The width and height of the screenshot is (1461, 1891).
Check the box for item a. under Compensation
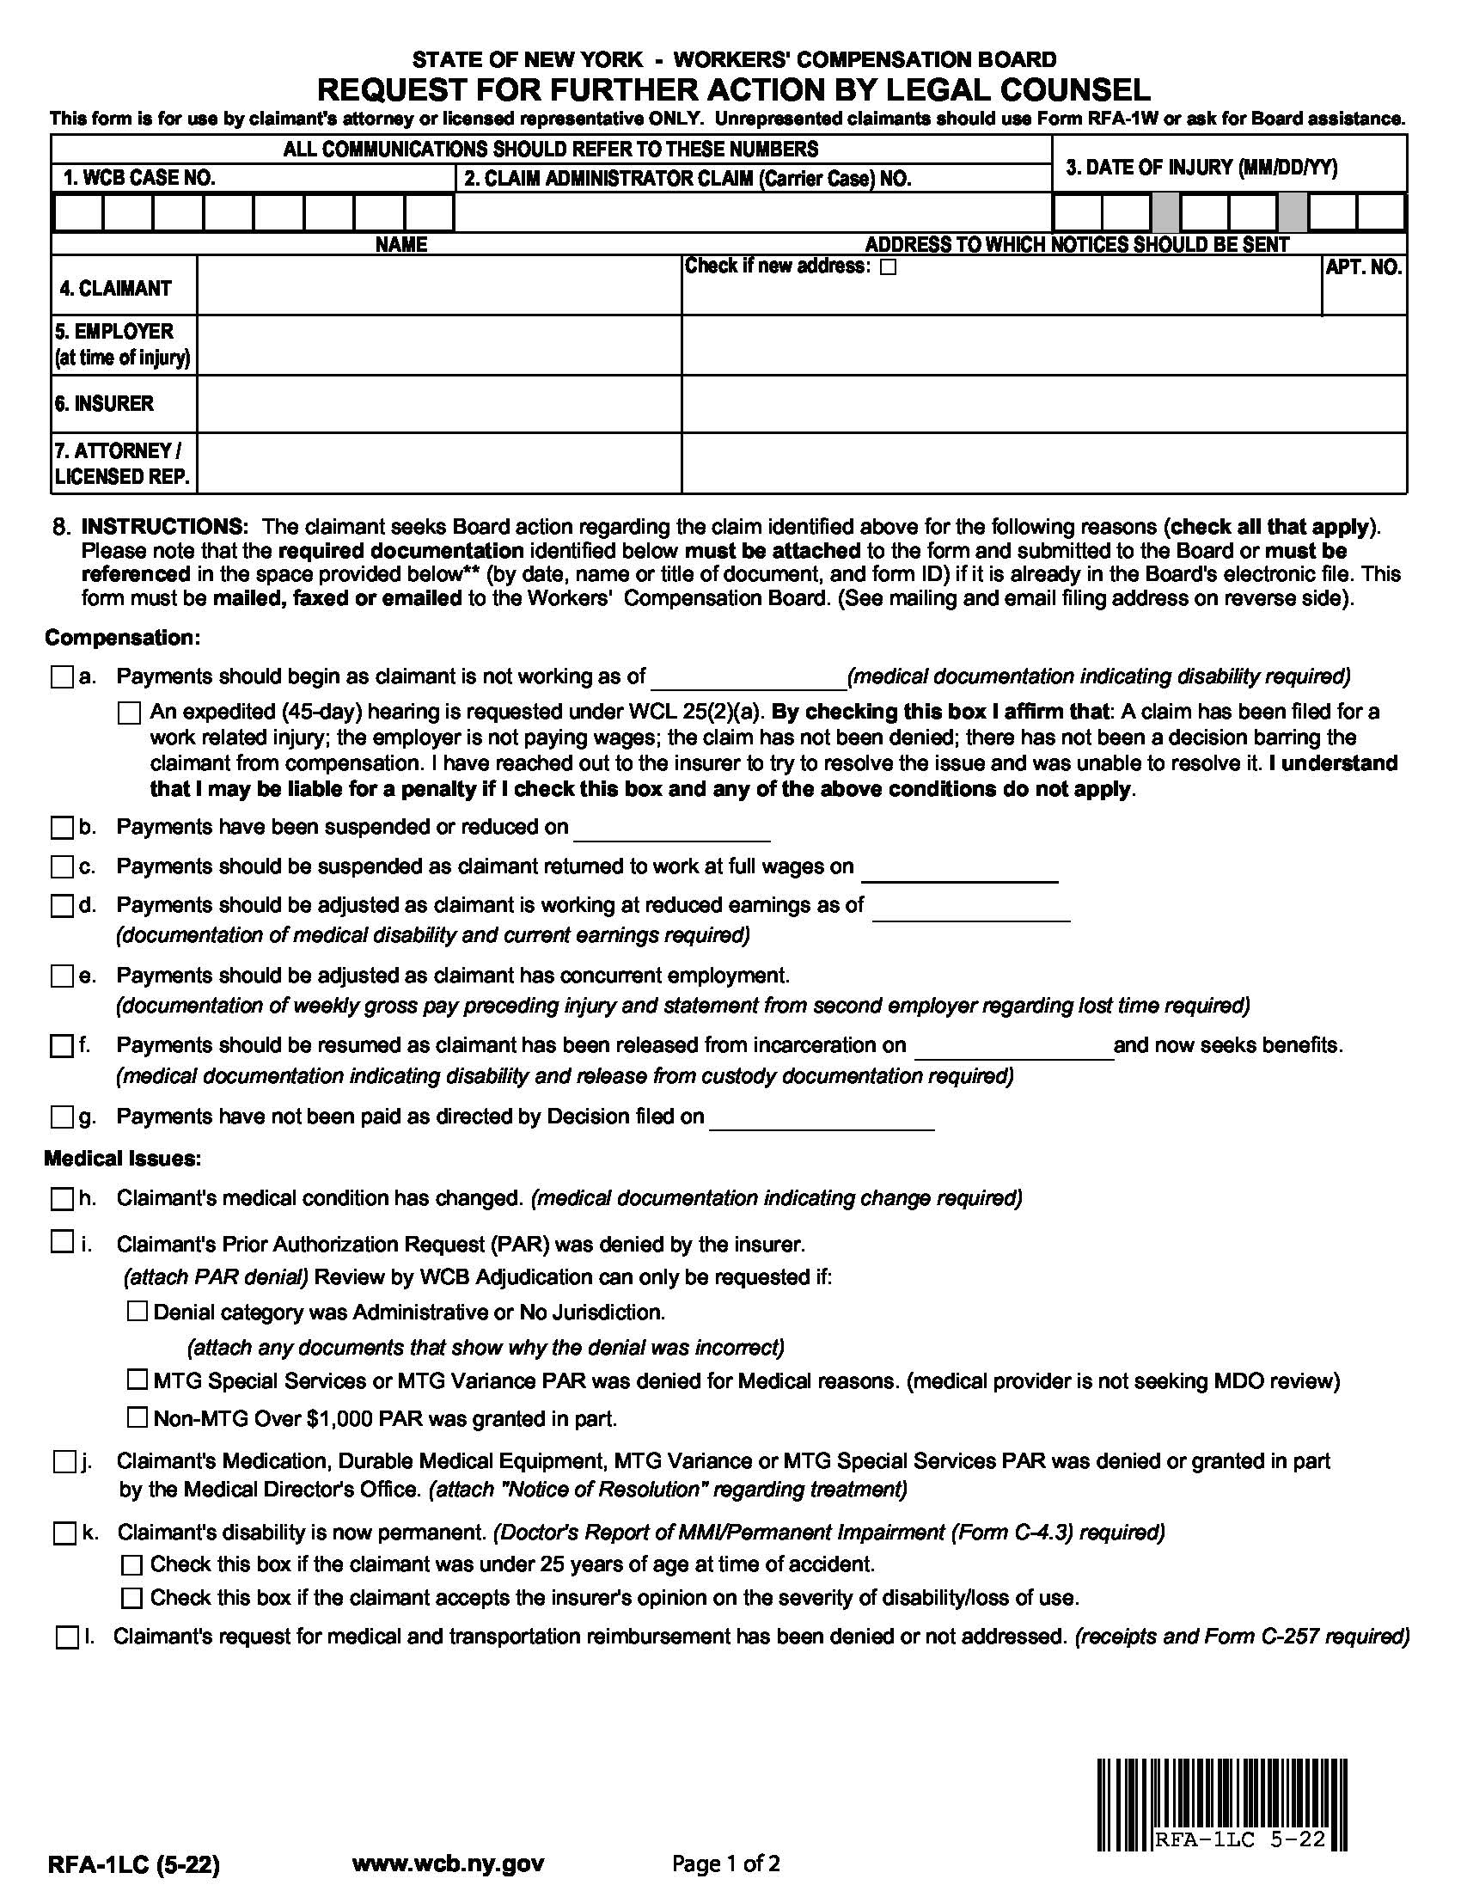click(62, 677)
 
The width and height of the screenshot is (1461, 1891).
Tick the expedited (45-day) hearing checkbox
click(129, 713)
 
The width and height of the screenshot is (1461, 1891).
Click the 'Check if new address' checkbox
click(887, 267)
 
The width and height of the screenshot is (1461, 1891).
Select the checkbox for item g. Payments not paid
click(62, 1117)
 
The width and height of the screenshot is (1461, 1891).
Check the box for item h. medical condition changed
click(62, 1199)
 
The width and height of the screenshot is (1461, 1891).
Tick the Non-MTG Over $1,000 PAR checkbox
click(137, 1417)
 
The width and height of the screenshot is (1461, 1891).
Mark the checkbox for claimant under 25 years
click(131, 1564)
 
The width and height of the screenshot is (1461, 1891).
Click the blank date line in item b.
click(671, 829)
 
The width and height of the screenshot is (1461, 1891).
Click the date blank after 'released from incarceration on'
click(1013, 1047)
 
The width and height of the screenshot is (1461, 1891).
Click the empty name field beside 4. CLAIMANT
click(439, 285)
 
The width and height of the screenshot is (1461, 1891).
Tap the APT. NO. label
click(1363, 267)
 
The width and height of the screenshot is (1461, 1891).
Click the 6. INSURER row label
click(105, 403)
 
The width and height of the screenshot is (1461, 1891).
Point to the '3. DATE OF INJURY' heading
click(1201, 168)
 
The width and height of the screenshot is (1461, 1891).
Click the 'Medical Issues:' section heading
click(122, 1159)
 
